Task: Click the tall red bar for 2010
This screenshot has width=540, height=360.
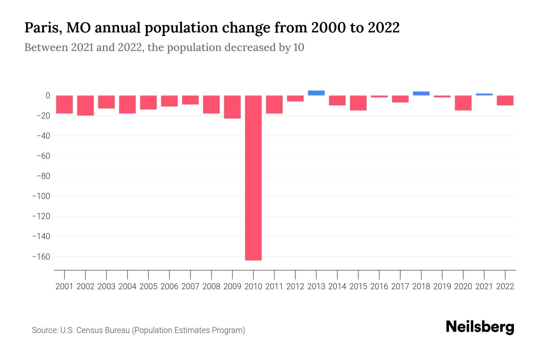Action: coord(253,178)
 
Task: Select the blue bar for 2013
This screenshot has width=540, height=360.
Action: coord(316,93)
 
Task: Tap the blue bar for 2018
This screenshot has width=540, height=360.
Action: coord(421,94)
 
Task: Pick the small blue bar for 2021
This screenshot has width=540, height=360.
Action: coord(484,94)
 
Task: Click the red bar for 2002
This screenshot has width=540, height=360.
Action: coord(85,105)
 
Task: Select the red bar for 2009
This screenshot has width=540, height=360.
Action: coord(232,107)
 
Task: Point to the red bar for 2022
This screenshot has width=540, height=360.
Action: coord(505,100)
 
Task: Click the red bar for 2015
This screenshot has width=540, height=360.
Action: coord(358,103)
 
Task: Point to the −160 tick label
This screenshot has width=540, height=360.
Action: coord(41,257)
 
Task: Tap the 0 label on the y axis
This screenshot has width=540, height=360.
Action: coord(48,96)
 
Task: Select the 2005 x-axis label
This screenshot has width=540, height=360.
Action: coord(148,286)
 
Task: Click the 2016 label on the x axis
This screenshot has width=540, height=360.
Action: coord(379,286)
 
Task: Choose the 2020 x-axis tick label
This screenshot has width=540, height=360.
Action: coord(463,286)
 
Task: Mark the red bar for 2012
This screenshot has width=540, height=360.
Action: coord(295,98)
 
